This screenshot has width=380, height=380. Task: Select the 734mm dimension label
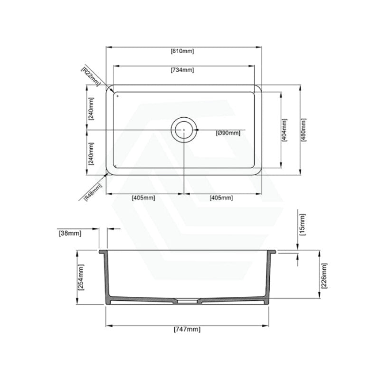tap(182, 70)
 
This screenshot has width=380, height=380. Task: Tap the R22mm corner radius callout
tap(90, 76)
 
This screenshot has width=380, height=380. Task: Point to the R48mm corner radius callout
tap(93, 193)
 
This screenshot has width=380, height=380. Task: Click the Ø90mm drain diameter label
tap(228, 133)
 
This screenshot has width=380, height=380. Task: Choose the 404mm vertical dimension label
tap(285, 130)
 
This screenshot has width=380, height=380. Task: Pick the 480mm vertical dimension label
tap(304, 130)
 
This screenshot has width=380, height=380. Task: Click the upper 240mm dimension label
tap(91, 108)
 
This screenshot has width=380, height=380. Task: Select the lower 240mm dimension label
tap(91, 153)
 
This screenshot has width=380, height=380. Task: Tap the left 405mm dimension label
tap(143, 198)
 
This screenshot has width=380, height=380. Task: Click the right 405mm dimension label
tap(221, 198)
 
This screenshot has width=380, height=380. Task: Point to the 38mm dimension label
tap(70, 233)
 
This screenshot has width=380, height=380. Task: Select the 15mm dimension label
tap(303, 225)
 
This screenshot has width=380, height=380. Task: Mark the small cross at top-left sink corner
tap(117, 96)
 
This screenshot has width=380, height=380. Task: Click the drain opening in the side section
tap(188, 300)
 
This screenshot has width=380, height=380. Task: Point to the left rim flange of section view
tap(102, 251)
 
